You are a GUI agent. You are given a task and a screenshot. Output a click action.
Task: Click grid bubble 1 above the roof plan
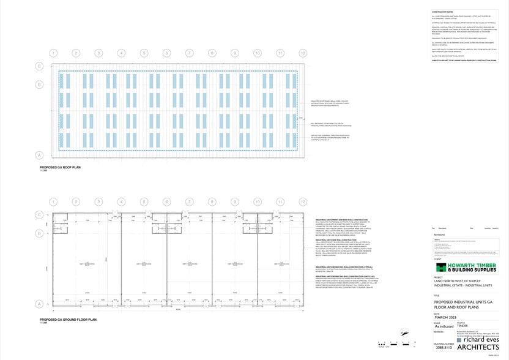(53, 53)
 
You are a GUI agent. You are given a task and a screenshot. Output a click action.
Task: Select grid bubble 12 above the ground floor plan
(303, 201)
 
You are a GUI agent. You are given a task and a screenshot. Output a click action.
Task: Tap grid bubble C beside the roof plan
(40, 66)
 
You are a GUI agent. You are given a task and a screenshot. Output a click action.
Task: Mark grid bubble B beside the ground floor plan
(40, 233)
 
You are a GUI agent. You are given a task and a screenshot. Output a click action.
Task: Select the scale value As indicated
(444, 326)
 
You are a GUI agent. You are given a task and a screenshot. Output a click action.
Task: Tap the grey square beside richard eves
(458, 340)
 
